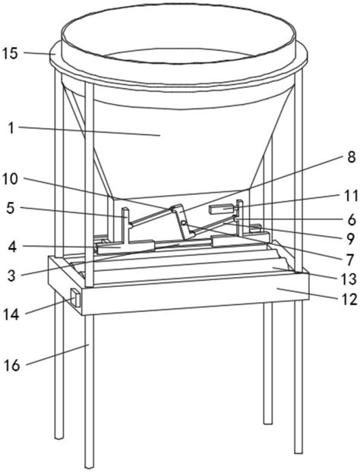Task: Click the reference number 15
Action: pos(10,54)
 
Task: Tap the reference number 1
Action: pos(11,128)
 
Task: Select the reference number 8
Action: pos(351,157)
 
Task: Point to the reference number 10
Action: pos(10,179)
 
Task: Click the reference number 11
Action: pos(350,197)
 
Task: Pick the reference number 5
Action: pos(11,209)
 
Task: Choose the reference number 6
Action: pos(351,220)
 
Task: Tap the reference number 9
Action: pos(350,239)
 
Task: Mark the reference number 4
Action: pos(11,247)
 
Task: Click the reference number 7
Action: pos(349,260)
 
